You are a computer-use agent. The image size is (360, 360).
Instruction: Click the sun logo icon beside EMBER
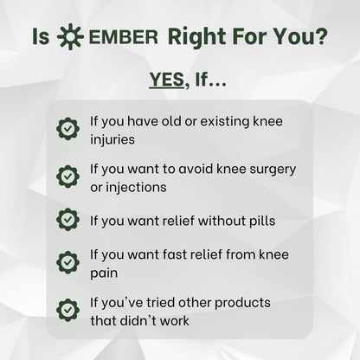tap(69, 39)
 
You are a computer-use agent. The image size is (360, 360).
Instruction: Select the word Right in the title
tap(197, 39)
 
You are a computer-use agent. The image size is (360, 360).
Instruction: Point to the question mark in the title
tap(321, 39)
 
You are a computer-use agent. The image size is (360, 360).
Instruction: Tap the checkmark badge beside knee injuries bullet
tap(68, 129)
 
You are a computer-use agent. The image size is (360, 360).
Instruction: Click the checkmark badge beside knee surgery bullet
tap(68, 176)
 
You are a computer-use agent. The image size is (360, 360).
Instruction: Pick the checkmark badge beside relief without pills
tap(68, 220)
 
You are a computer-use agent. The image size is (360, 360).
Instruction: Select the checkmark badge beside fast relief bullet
tap(68, 264)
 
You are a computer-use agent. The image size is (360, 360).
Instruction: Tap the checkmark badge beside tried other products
tap(68, 311)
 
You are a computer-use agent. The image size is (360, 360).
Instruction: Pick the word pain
tap(105, 273)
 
